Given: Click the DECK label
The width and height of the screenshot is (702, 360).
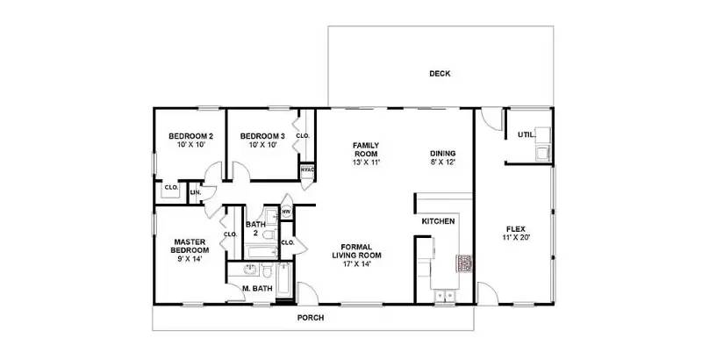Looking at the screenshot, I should [x=440, y=74].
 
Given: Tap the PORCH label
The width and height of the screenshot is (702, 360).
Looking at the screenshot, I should [x=312, y=317].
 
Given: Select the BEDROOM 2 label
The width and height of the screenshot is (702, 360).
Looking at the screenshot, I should [x=191, y=136].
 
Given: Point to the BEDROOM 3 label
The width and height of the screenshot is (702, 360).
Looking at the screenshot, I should [x=262, y=136].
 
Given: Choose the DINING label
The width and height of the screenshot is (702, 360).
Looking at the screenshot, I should [x=443, y=153].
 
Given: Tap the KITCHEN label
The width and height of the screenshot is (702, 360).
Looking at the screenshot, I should [x=438, y=221].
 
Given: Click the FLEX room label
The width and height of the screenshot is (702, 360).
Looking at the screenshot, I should [x=514, y=228].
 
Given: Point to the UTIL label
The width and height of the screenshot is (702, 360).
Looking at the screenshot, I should [x=526, y=134].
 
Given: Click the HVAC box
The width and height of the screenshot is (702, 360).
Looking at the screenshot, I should [x=307, y=170].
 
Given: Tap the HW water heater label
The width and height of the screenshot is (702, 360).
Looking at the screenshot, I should [x=286, y=212].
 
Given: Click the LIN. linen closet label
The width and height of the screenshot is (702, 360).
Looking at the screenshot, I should [x=195, y=191].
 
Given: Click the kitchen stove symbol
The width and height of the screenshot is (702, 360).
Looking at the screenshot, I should [x=462, y=263].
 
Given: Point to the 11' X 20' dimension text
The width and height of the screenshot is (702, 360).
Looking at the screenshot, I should [x=514, y=238].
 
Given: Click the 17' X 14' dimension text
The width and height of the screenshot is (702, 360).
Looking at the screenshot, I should [x=357, y=263].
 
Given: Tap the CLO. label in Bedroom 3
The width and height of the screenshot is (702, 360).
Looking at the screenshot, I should [x=303, y=136].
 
